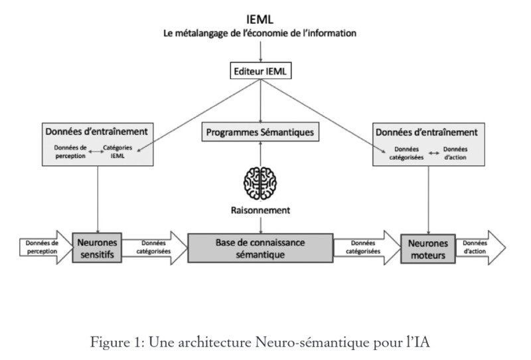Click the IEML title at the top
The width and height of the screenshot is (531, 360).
[x=260, y=19]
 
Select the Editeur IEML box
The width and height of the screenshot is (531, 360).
[x=260, y=71]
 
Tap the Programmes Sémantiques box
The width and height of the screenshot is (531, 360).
[x=260, y=132]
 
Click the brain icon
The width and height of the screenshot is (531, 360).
[x=260, y=183]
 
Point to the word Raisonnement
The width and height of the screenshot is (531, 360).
[x=260, y=210]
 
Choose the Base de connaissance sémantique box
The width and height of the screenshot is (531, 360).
[x=260, y=248]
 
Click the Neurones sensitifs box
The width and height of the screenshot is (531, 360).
[x=97, y=248]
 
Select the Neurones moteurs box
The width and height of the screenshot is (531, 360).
[x=428, y=248]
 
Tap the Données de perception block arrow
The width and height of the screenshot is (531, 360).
[x=44, y=247]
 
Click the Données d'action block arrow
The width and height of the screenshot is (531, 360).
[x=480, y=248]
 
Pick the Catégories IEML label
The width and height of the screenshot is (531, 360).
[x=117, y=151]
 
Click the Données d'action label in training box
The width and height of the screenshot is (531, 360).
[x=455, y=153]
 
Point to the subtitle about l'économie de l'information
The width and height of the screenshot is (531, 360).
[x=260, y=33]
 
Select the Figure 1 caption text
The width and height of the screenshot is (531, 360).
[x=260, y=342]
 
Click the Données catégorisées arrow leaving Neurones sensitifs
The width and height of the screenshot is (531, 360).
[x=155, y=248]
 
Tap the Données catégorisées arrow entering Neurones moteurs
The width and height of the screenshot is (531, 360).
[x=367, y=248]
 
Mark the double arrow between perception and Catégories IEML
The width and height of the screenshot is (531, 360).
[x=96, y=151]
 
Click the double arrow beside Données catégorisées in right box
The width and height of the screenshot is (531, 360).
[x=434, y=153]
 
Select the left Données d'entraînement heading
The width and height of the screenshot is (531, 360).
[x=96, y=132]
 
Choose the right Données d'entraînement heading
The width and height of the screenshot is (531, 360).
[x=427, y=132]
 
